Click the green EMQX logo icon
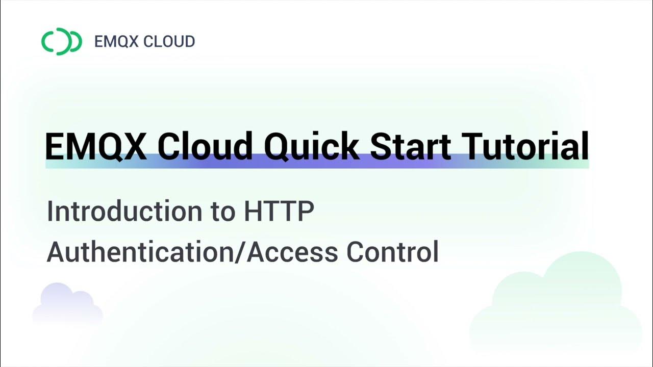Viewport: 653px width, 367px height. point(61,41)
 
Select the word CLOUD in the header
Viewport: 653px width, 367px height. point(169,41)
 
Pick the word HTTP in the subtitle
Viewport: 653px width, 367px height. point(279,212)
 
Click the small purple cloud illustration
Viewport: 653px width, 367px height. point(66,305)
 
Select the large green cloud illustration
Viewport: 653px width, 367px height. point(556,306)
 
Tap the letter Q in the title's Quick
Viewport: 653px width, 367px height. point(278,146)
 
